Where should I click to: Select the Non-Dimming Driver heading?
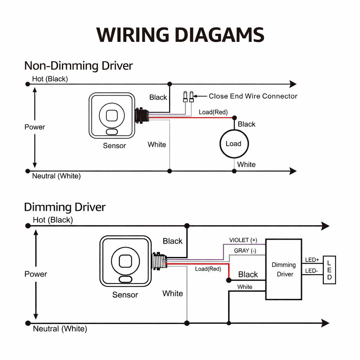(78, 66)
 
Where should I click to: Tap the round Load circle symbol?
(234, 144)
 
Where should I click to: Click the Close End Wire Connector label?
(253, 96)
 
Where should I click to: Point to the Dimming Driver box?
(283, 269)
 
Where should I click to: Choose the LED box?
(329, 270)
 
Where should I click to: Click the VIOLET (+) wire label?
(243, 240)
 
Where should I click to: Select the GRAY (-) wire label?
(245, 251)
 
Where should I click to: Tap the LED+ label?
(312, 260)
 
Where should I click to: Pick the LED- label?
(311, 271)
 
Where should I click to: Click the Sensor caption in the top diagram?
(114, 146)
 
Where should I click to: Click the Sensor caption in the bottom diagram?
(125, 295)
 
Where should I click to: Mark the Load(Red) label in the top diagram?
(213, 112)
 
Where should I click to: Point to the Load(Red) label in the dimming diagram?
(208, 269)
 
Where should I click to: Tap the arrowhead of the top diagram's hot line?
(292, 84)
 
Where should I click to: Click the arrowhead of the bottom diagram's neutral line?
(325, 323)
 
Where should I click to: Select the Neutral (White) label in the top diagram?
(56, 176)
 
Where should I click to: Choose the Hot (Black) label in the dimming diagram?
(53, 220)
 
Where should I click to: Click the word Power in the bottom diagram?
(36, 274)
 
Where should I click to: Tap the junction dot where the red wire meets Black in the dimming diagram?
(229, 280)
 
